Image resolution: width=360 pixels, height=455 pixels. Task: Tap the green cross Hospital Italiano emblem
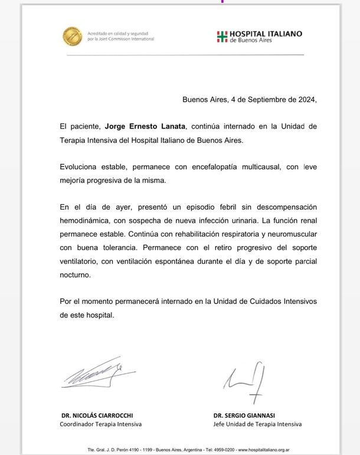pyautogui.click(x=221, y=37)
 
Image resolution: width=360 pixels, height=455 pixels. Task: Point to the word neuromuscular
pyautogui.click(x=289, y=248)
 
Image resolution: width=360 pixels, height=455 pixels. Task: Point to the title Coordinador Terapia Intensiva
pyautogui.click(x=101, y=424)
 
